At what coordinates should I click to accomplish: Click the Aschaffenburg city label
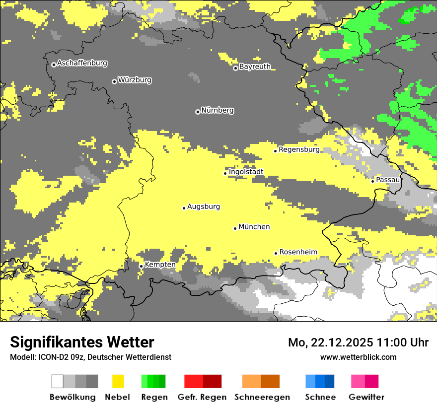82,64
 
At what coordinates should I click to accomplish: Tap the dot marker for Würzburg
114,81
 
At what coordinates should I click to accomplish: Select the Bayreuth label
255,67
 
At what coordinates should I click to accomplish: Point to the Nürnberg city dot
198,112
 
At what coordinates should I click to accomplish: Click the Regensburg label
299,149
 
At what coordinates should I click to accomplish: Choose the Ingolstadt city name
246,172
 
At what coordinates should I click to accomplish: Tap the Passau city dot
372,181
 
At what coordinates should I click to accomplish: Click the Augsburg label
204,207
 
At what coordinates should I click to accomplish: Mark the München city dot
235,228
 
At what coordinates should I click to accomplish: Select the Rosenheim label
298,252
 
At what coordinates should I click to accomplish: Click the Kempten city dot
141,267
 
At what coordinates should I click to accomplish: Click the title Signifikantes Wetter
82,343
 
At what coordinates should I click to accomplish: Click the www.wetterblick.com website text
359,357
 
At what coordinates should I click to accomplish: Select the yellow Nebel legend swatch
118,381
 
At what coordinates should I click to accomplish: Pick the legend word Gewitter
366,397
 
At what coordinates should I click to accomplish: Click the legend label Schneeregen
262,397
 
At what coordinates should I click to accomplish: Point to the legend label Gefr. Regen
202,397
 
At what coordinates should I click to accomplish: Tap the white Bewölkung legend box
58,381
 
